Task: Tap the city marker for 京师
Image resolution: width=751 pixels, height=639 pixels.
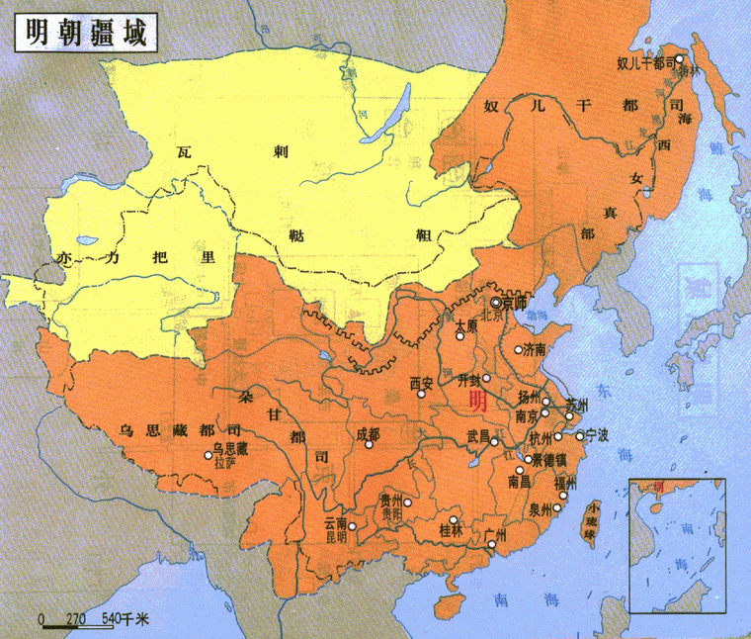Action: pyautogui.click(x=496, y=302)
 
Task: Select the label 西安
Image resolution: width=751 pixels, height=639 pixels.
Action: pyautogui.click(x=422, y=382)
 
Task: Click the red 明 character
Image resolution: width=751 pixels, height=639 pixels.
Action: pyautogui.click(x=477, y=402)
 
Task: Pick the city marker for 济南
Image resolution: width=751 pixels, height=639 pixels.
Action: pyautogui.click(x=518, y=350)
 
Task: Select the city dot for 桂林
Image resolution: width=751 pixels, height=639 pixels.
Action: pyautogui.click(x=453, y=519)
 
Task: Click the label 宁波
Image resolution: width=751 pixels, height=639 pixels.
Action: pyautogui.click(x=597, y=434)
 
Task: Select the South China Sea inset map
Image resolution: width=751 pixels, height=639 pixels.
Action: pyautogui.click(x=677, y=545)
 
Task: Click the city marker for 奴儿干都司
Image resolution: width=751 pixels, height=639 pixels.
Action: pyautogui.click(x=679, y=60)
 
